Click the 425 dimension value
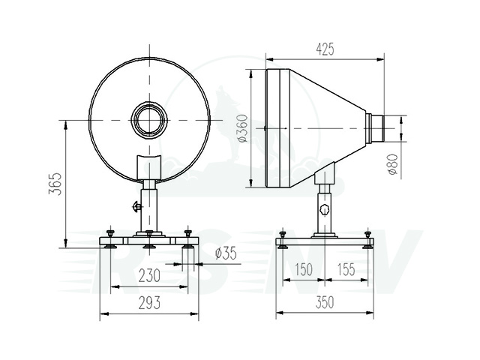point(324,49)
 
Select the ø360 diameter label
point(241,128)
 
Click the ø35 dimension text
point(225,253)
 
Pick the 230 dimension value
point(148,276)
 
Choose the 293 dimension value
point(148,302)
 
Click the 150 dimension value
point(303,270)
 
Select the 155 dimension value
point(346,270)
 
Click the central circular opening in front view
point(150,120)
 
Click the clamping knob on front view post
point(136,206)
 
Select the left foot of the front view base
point(111,241)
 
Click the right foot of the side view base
point(367,241)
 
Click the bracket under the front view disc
point(149,166)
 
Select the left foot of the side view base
point(282,241)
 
